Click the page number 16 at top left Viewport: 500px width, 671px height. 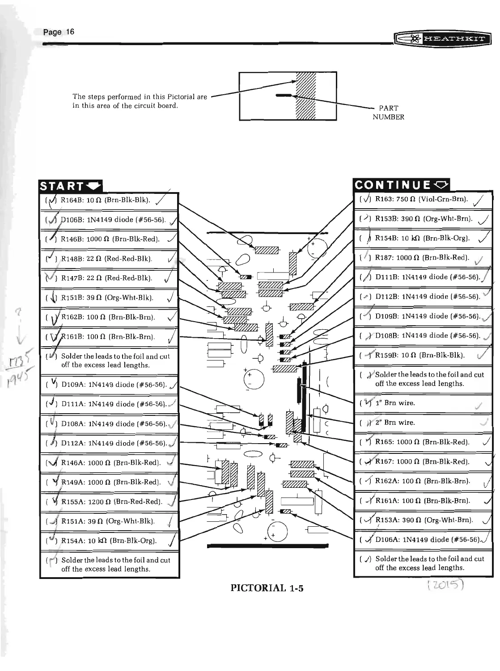59,32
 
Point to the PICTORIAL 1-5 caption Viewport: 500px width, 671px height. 267,588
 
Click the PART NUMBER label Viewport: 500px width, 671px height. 388,113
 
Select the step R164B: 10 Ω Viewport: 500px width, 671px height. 105,200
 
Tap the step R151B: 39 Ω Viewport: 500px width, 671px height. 107,298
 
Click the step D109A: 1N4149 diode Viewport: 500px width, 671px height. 114,384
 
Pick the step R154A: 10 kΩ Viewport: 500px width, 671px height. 109,541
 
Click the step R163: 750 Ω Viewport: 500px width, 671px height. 421,199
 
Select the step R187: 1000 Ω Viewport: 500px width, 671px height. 422,258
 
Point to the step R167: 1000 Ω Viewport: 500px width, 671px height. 422,461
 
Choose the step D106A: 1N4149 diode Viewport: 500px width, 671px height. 427,540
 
